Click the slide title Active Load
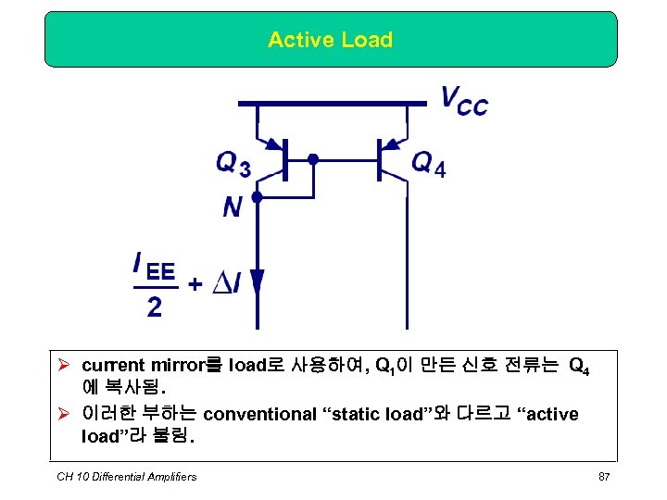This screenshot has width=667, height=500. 330,40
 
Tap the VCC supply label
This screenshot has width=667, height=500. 463,100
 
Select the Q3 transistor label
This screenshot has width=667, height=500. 233,165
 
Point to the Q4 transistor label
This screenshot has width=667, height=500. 428,165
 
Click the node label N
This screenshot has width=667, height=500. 233,207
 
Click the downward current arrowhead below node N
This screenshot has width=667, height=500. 258,283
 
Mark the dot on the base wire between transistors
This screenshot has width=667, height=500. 313,159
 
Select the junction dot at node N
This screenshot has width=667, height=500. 258,197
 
